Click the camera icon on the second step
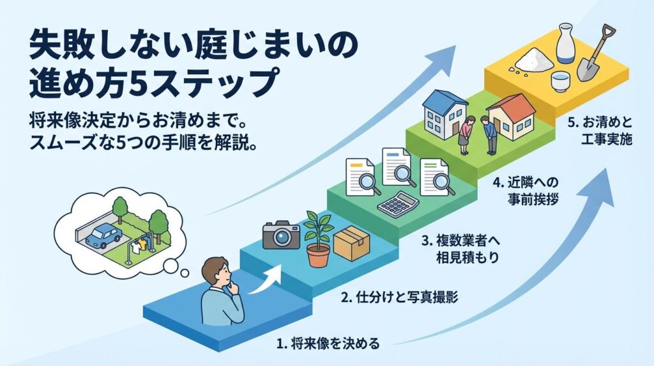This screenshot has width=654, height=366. [281, 235]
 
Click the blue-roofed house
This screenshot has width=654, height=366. [445, 116]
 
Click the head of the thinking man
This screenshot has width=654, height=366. [217, 274]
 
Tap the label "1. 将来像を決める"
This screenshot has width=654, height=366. [328, 344]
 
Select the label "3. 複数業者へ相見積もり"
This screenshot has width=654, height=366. [459, 250]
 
